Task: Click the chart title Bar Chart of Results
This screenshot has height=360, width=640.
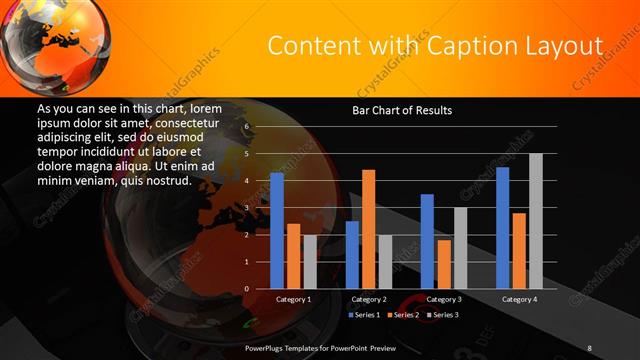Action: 402,110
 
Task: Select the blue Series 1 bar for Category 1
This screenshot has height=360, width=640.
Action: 277,230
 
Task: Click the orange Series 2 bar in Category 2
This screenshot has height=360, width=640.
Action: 368,229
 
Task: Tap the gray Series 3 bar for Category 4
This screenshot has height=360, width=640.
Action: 535,221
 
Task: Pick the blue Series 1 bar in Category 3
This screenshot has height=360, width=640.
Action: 427,241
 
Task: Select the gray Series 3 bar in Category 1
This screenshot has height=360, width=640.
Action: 309,262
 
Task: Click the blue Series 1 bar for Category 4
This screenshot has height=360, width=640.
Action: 503,227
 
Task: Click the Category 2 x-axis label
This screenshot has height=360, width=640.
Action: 368,299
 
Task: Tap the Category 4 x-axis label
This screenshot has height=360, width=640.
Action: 519,299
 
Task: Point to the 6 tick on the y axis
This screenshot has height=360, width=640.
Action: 245,127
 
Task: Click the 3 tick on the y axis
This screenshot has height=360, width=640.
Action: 245,208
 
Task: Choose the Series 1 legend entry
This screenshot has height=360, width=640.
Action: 364,315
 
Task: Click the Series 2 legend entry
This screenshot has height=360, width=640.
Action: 404,315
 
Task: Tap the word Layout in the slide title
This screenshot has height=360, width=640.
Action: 567,47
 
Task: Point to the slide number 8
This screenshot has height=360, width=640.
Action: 589,348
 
